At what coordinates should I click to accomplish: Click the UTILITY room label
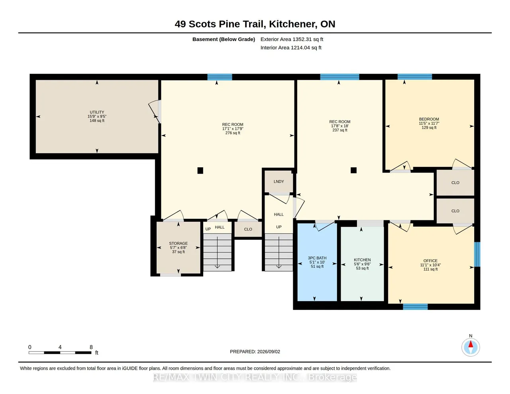click(97, 112)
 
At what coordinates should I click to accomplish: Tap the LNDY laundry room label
click(279, 181)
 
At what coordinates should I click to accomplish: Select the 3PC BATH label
click(317, 258)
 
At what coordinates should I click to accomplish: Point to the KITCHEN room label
click(362, 260)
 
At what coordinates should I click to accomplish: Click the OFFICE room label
click(430, 261)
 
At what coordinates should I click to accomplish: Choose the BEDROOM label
click(429, 119)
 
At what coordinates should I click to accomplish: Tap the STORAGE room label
click(178, 243)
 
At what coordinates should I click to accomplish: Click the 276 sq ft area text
click(233, 133)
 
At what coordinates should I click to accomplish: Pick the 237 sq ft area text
click(339, 130)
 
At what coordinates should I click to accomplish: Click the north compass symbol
click(470, 347)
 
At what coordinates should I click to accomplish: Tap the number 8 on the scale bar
click(91, 347)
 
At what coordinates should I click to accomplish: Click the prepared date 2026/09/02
click(269, 351)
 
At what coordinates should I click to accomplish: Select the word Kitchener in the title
click(292, 24)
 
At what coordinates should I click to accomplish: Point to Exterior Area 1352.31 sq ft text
click(292, 39)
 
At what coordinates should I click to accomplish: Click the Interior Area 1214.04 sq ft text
click(291, 48)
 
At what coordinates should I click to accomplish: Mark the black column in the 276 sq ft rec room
click(200, 171)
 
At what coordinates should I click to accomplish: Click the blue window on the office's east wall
click(477, 255)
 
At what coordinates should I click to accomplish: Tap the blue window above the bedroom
click(415, 77)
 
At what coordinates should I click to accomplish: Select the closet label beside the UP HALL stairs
click(248, 229)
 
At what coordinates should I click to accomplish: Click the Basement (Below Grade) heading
click(224, 39)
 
